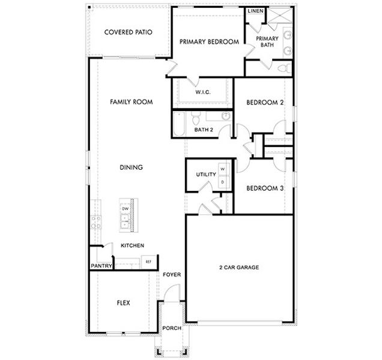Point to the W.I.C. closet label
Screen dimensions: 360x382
pyautogui.click(x=202, y=93)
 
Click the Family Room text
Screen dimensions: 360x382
pyautogui.click(x=131, y=102)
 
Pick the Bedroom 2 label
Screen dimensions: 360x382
pyautogui.click(x=265, y=103)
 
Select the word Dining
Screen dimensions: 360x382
pyautogui.click(x=131, y=167)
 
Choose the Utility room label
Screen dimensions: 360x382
pyautogui.click(x=205, y=175)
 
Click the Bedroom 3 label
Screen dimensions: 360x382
pyautogui.click(x=265, y=188)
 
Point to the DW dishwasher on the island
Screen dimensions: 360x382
pyautogui.click(x=126, y=209)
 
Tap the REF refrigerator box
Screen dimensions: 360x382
pyautogui.click(x=148, y=262)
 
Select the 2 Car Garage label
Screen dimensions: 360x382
pyautogui.click(x=238, y=267)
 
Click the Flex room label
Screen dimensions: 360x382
pyautogui.click(x=123, y=303)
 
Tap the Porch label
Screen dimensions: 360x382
pyautogui.click(x=172, y=329)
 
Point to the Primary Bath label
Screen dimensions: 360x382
pyautogui.click(x=267, y=41)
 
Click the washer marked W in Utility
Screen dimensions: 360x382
pyautogui.click(x=222, y=170)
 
